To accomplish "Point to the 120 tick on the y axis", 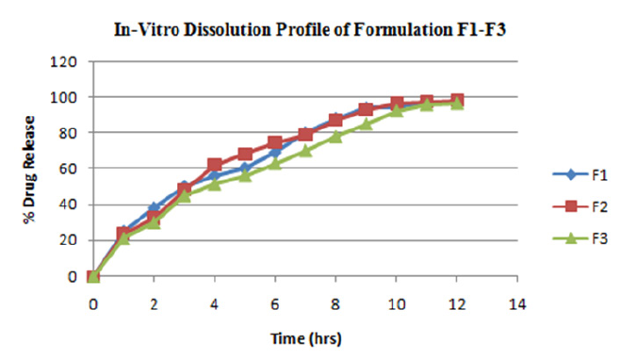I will click(71, 62).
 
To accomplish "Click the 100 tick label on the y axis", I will click(71, 98).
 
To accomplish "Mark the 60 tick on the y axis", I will click(73, 170).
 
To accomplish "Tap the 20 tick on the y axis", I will click(73, 241).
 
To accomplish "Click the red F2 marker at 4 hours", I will click(214, 166).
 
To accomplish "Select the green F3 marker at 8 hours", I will click(335, 137).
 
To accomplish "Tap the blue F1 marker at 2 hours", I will click(154, 207).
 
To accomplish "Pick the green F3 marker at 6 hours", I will click(275, 164).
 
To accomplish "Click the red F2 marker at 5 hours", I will click(245, 155).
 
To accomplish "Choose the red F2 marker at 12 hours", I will click(457, 101).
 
